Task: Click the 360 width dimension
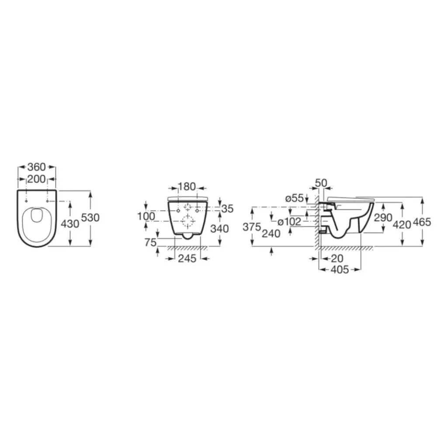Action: click(37, 167)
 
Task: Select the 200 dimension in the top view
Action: click(37, 179)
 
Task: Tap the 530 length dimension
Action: click(90, 217)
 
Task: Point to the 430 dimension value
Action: click(70, 223)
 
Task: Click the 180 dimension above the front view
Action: click(187, 187)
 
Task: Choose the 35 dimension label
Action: click(227, 208)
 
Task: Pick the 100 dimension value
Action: click(146, 216)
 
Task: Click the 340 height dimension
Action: click(220, 229)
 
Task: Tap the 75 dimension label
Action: click(150, 243)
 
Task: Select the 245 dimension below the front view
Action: click(187, 259)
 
